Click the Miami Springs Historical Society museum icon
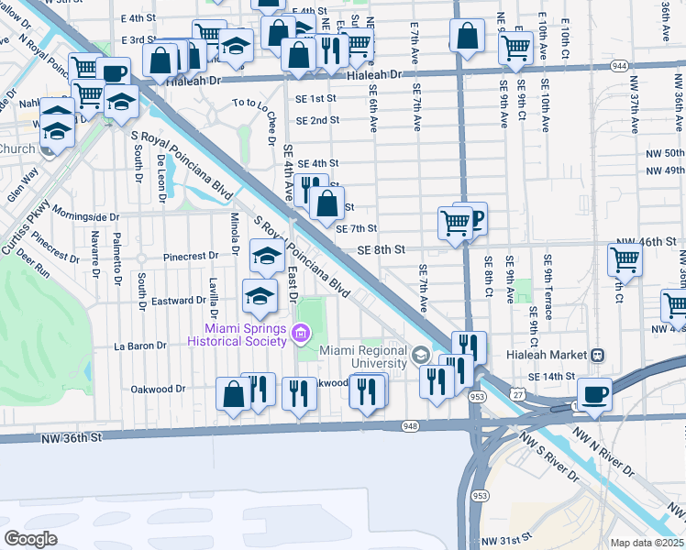point(301,335)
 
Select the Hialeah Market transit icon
point(597,355)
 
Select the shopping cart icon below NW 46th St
point(625,259)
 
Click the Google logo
point(30,539)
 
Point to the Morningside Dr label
point(85,217)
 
